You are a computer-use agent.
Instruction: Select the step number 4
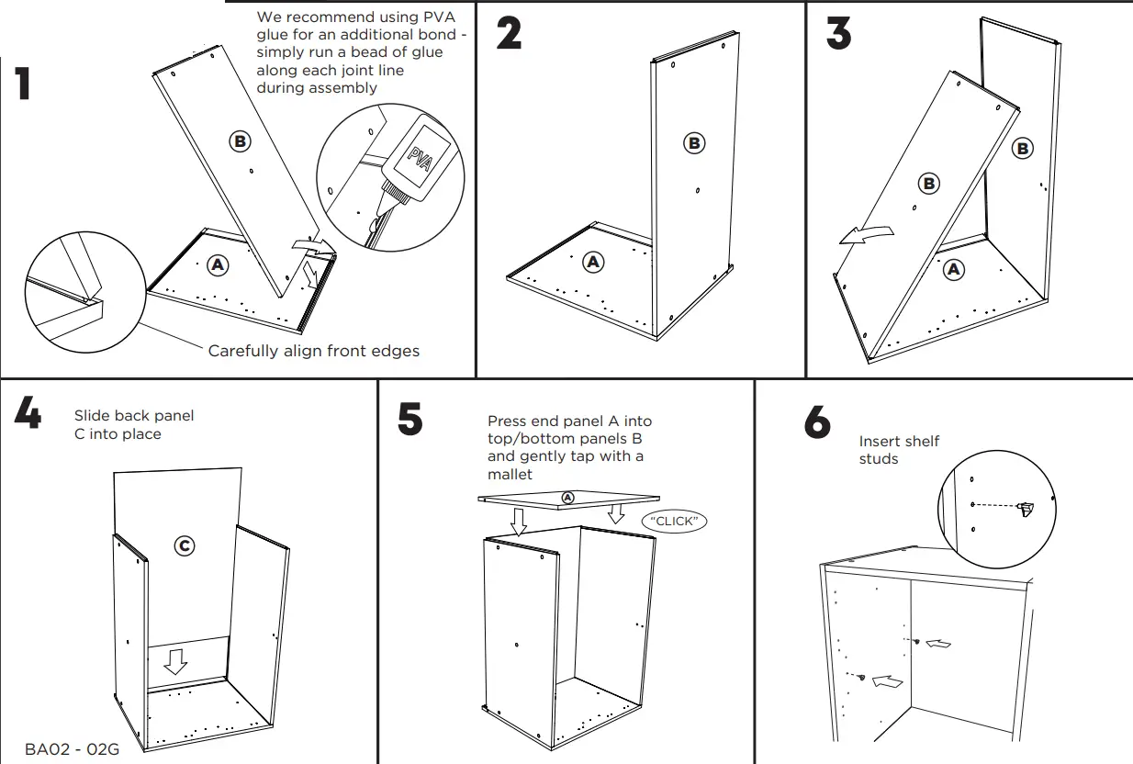point(28,414)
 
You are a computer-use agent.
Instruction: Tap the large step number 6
point(817,422)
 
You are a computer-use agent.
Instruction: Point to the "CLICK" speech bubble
point(675,521)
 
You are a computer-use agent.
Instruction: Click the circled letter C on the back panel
point(185,545)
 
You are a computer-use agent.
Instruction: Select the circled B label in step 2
point(694,142)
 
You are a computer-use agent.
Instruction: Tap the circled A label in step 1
point(217,264)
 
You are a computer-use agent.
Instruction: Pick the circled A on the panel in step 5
point(567,497)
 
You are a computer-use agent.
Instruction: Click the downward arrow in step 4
point(175,660)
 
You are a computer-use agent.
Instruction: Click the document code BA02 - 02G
point(72,749)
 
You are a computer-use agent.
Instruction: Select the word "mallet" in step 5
point(510,474)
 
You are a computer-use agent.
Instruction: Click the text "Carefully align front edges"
point(313,351)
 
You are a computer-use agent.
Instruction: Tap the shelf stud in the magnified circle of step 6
point(1026,507)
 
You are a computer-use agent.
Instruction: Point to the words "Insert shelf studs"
point(898,450)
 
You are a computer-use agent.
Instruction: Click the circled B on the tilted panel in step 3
point(929,183)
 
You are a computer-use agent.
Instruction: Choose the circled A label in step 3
point(954,269)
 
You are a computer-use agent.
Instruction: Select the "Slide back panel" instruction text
point(134,416)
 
